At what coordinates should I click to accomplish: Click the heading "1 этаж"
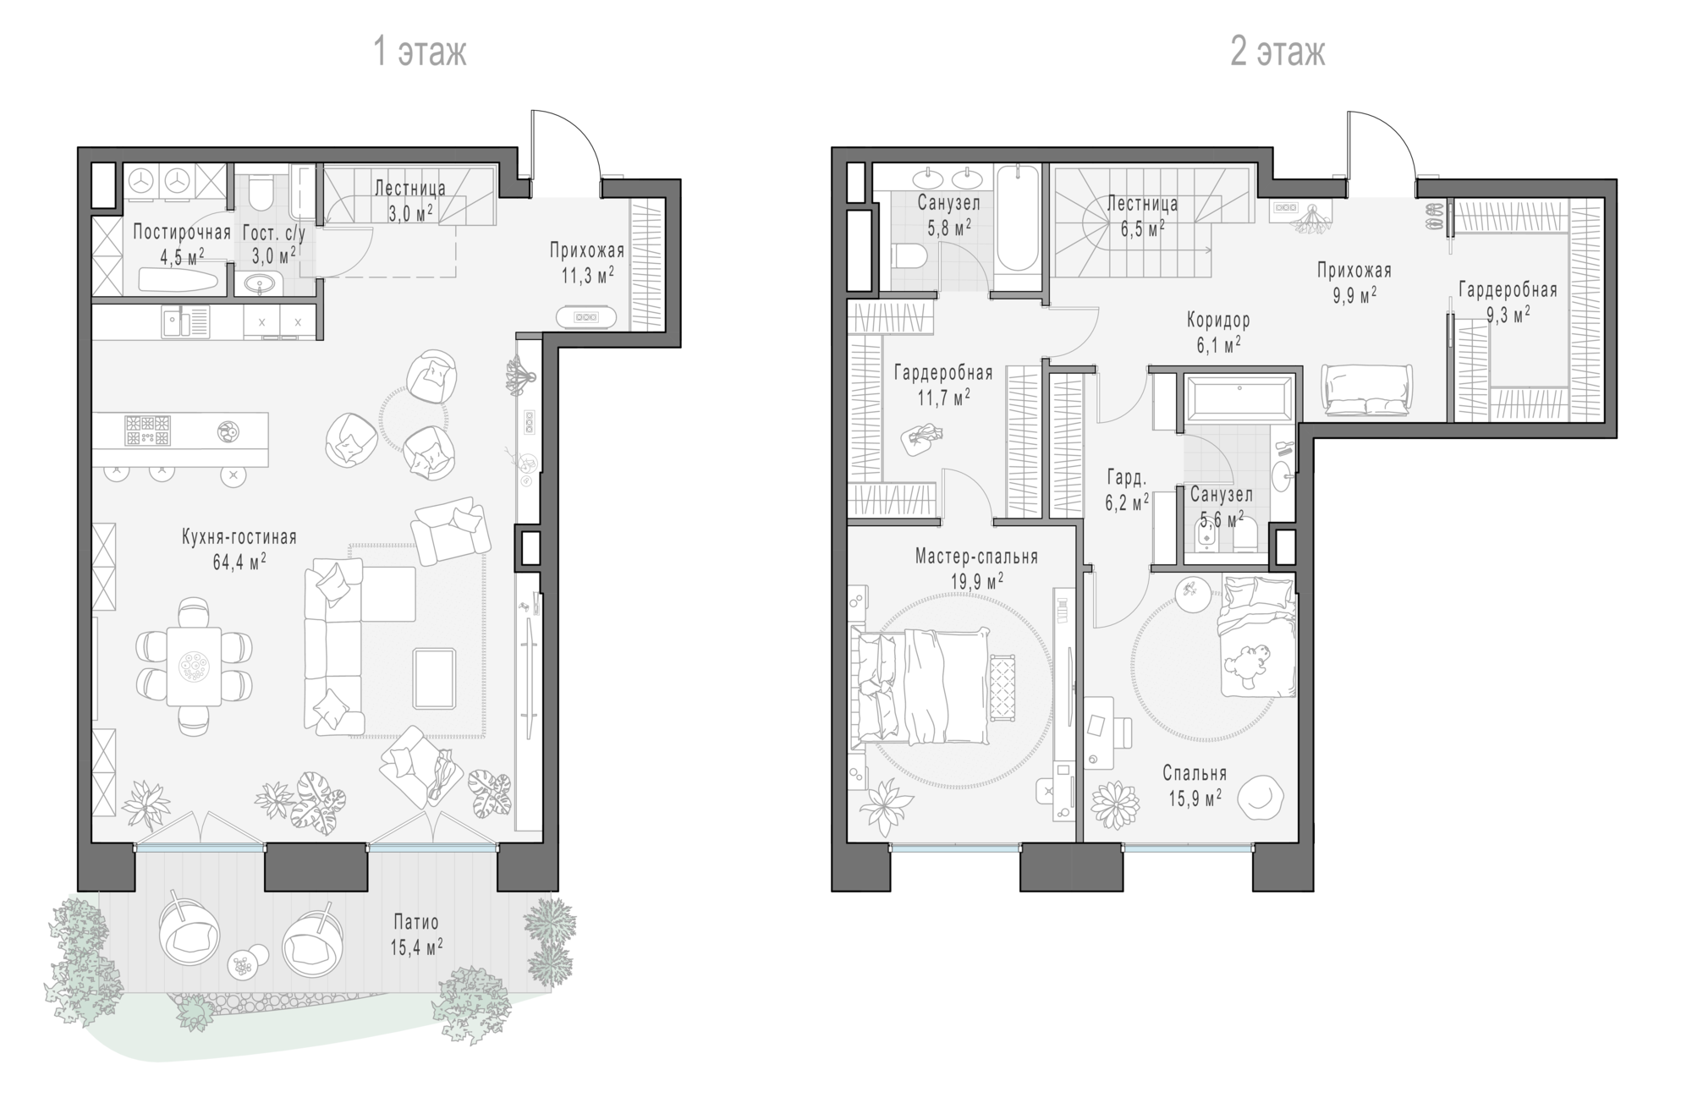tap(420, 52)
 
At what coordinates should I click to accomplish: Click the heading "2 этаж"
tap(1277, 52)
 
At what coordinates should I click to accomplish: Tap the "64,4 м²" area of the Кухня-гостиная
tap(239, 562)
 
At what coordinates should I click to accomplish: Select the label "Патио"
tap(416, 922)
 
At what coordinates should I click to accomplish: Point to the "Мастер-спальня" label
tap(976, 557)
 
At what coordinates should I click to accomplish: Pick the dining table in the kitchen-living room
tap(194, 666)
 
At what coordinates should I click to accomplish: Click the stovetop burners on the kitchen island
tap(148, 430)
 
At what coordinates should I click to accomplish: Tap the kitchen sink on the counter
tap(186, 321)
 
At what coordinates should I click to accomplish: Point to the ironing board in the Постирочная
tap(179, 279)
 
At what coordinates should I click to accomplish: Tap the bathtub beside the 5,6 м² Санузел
tap(1239, 398)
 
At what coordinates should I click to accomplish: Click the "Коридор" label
tap(1218, 320)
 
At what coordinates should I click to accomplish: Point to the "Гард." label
tap(1127, 477)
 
